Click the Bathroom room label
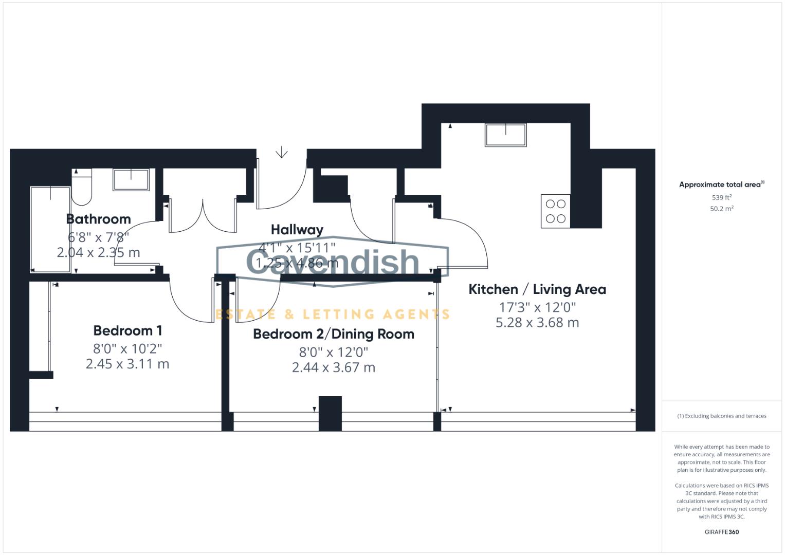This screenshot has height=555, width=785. [x=98, y=219]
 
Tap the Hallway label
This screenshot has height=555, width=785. [x=297, y=230]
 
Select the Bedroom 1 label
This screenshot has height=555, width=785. [x=127, y=330]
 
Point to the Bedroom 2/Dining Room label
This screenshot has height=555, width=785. [x=333, y=334]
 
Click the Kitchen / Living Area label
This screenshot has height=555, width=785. [x=537, y=289]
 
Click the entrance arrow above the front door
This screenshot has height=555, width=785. [x=281, y=153]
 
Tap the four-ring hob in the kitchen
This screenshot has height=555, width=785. [x=555, y=211]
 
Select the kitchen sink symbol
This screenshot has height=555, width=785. [x=505, y=135]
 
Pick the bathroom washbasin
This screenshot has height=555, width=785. [x=131, y=180]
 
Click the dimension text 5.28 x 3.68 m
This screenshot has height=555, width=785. [x=537, y=323]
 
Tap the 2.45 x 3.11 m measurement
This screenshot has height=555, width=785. [x=127, y=364]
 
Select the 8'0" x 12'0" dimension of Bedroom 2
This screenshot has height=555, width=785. [x=333, y=352]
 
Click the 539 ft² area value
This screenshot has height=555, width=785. [x=721, y=197]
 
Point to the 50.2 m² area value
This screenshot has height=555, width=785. [x=721, y=209]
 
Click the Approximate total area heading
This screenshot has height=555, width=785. [x=721, y=184]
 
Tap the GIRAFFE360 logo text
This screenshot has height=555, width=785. [x=721, y=532]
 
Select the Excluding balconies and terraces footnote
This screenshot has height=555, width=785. [x=721, y=416]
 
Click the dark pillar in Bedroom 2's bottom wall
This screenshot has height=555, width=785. [x=330, y=413]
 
